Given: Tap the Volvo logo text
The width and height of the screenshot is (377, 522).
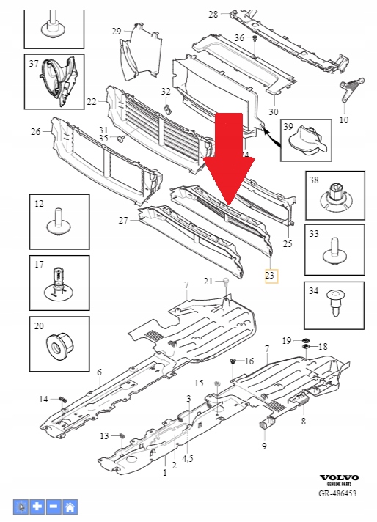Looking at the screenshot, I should pos(340,477).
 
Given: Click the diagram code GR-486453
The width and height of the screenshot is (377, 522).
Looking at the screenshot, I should pos(339,494).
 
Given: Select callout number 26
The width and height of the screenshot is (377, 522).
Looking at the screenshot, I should pos(35,132).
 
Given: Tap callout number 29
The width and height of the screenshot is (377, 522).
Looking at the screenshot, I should pos(116,31).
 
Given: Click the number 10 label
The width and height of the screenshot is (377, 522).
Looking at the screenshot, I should pos(344,120).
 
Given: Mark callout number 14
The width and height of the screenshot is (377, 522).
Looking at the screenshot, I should pos(43,399).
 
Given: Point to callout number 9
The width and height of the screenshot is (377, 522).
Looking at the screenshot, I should pos(264,445).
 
